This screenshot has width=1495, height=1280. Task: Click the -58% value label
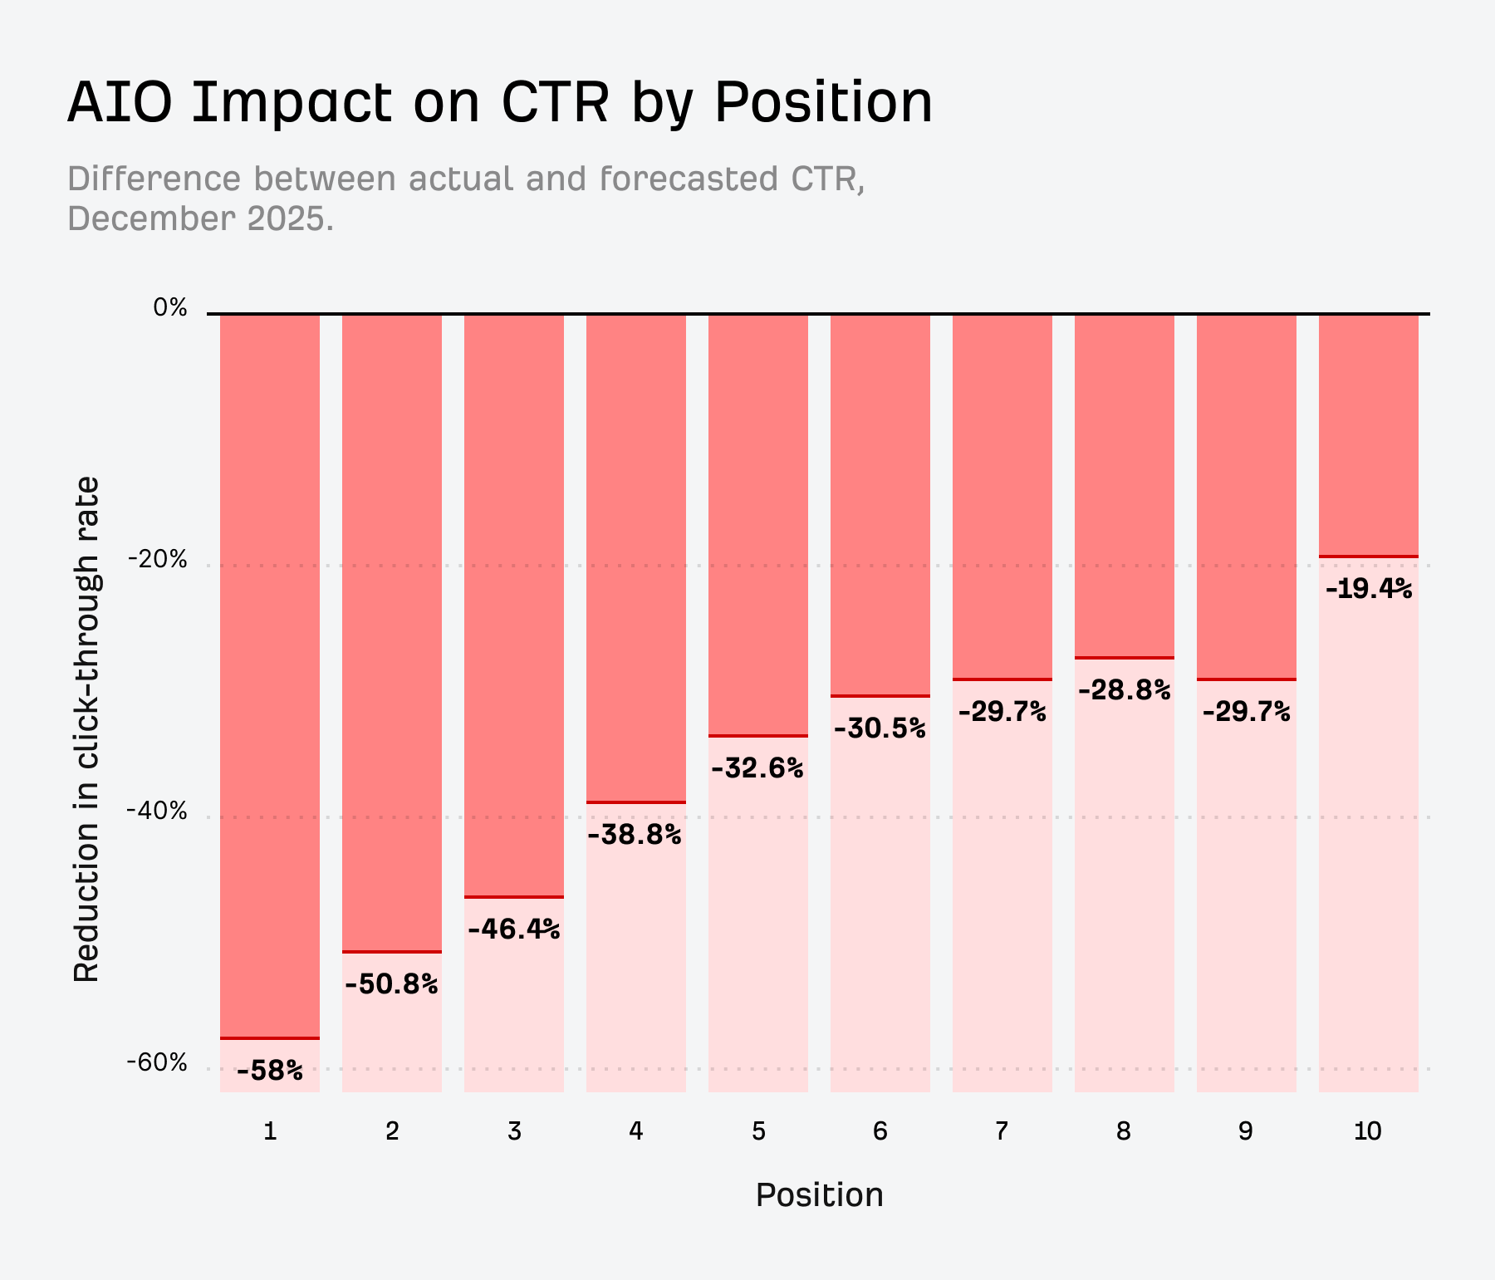(270, 1071)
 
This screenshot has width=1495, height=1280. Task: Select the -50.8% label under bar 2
(391, 984)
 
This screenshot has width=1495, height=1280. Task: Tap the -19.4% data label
(1368, 589)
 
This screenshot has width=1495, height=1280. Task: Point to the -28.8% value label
(1124, 689)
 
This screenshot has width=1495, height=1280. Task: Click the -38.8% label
(635, 834)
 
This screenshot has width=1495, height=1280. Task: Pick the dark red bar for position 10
(1368, 434)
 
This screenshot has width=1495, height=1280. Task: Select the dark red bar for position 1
(270, 675)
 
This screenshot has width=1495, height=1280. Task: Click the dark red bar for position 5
(757, 524)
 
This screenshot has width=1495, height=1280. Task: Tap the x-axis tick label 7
(1002, 1130)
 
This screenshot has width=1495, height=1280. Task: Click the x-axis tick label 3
(514, 1130)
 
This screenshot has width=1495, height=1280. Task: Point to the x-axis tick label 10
(1368, 1130)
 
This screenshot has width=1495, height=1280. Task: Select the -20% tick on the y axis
(158, 559)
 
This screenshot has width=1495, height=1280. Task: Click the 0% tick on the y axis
(170, 307)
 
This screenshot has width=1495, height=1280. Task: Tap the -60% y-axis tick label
(158, 1062)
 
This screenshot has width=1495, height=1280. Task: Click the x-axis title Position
(819, 1194)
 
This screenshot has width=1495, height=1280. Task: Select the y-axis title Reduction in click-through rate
(86, 729)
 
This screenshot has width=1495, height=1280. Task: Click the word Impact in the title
(291, 103)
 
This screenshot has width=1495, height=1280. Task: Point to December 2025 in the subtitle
(199, 218)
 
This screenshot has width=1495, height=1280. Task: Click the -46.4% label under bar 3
(514, 929)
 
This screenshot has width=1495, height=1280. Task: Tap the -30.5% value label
(880, 728)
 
